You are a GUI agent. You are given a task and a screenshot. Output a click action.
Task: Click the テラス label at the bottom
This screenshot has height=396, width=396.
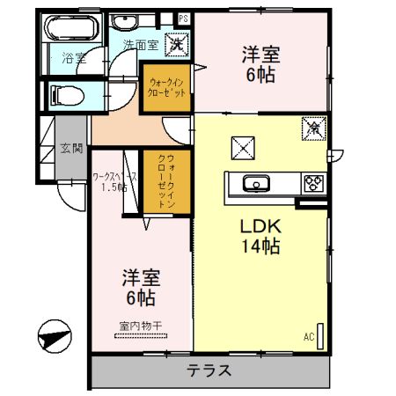[x=209, y=370]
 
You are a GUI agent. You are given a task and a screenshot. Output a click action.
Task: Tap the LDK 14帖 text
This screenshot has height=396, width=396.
[x=260, y=235]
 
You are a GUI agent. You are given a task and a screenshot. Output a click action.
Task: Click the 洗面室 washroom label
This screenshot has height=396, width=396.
[x=140, y=43]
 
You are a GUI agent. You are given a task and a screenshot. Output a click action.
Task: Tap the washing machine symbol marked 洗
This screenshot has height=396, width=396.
[x=177, y=42]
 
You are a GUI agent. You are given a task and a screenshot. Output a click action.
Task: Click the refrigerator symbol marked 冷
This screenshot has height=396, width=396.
[x=312, y=128]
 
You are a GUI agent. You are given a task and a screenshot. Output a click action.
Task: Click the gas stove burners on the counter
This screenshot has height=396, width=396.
[x=313, y=184]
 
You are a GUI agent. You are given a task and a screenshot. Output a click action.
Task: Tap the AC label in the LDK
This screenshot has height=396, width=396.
[x=309, y=336]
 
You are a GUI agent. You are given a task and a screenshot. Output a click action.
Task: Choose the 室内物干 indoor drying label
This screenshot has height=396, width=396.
[x=141, y=326]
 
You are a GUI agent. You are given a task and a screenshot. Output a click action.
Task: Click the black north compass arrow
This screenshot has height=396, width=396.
[x=54, y=335]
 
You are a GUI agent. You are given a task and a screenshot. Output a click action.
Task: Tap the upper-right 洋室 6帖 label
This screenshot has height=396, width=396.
[x=260, y=64]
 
